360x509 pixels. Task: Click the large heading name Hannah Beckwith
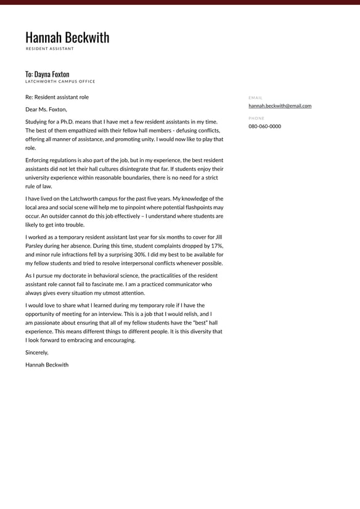67,38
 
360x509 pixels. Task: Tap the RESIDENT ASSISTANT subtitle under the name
49,49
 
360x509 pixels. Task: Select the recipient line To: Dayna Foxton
47,74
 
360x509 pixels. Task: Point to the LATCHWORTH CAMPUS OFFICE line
60,81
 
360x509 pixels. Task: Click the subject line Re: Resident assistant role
57,97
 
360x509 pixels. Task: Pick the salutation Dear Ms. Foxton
46,109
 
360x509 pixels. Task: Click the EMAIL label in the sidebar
255,97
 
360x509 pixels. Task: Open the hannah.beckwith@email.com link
280,106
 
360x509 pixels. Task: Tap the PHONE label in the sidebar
256,118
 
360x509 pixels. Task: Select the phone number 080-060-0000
264,126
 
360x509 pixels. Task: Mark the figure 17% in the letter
216,246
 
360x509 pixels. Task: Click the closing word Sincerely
36,352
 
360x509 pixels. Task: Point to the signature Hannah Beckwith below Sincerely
47,365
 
